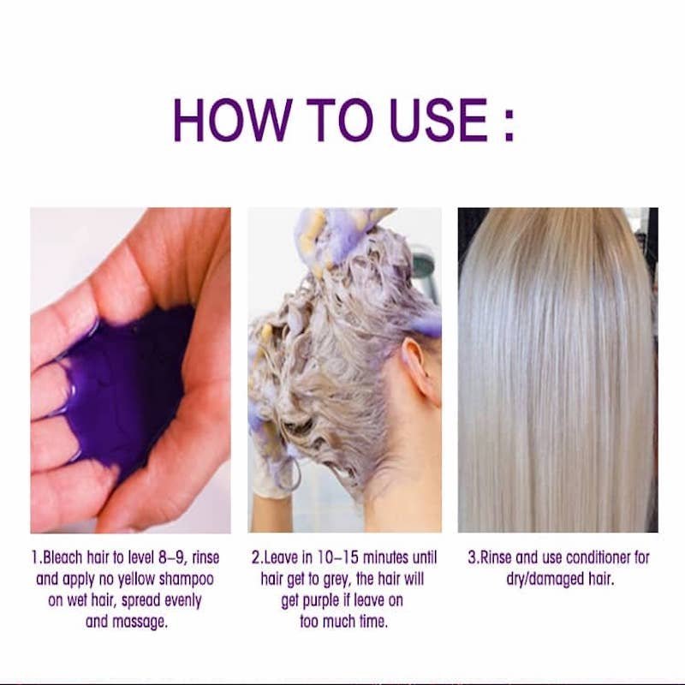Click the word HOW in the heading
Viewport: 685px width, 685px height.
pyautogui.click(x=233, y=120)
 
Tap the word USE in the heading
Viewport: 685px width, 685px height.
pyautogui.click(x=438, y=120)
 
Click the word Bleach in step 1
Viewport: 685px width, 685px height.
pyautogui.click(x=63, y=557)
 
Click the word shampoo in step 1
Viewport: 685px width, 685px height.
pyautogui.click(x=187, y=581)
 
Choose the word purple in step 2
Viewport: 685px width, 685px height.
pyautogui.click(x=319, y=602)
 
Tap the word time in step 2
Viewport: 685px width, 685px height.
pyautogui.click(x=373, y=622)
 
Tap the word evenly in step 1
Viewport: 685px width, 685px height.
pyautogui.click(x=182, y=602)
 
